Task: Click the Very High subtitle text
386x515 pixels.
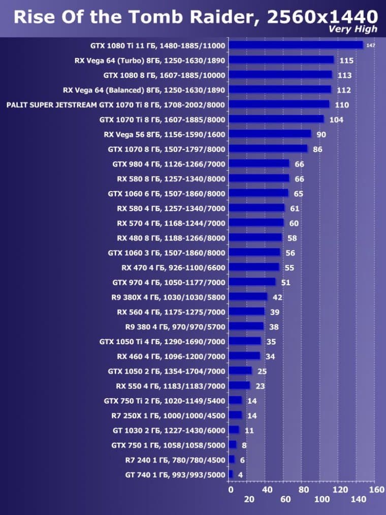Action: click(353, 29)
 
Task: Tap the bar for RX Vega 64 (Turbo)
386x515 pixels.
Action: click(281, 60)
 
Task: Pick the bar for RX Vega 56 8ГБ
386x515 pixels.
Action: click(270, 134)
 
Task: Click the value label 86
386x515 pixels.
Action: click(317, 149)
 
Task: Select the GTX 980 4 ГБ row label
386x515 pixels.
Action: click(169, 164)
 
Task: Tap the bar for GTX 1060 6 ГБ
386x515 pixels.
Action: click(258, 194)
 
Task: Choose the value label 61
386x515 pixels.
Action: click(295, 208)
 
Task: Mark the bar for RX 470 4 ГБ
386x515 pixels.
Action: click(254, 267)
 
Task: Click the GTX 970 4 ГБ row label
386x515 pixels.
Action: click(169, 282)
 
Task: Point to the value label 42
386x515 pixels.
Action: click(277, 297)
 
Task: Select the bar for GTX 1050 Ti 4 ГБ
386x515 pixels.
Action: click(245, 341)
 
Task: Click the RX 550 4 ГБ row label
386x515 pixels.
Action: click(171, 385)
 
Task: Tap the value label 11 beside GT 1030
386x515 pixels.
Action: click(249, 430)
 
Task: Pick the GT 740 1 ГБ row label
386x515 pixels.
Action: click(175, 474)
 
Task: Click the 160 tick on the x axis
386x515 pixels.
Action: click(376, 490)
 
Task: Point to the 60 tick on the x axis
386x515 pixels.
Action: click(285, 499)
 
